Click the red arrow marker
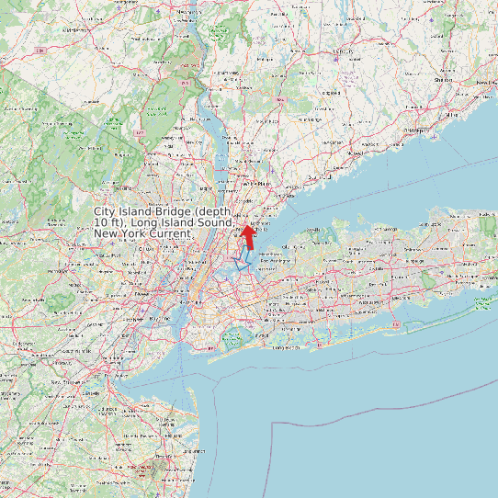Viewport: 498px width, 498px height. coord(247,236)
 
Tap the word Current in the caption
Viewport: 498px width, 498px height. coord(168,234)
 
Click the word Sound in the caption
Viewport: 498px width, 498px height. coord(211,223)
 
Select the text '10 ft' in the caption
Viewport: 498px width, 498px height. coord(107,223)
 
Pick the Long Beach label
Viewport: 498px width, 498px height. coord(286,347)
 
